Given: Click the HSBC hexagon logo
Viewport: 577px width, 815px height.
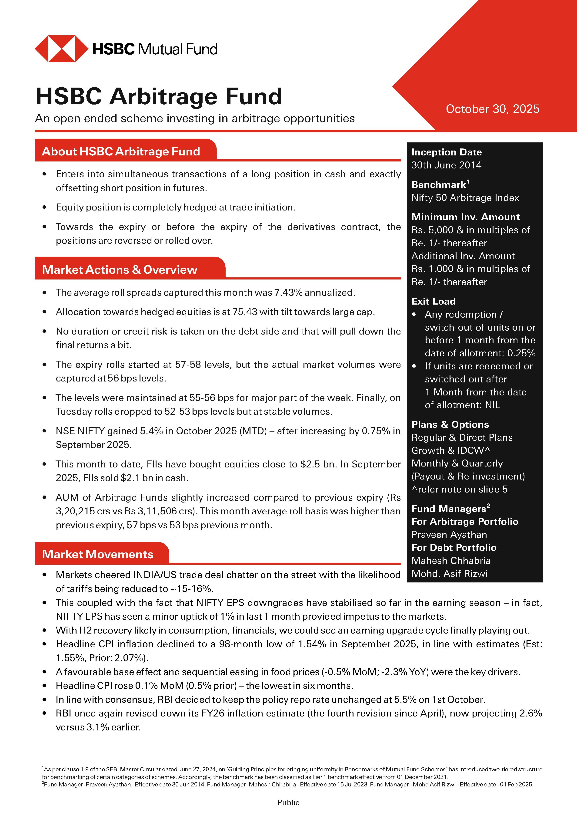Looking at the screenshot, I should click(61, 49).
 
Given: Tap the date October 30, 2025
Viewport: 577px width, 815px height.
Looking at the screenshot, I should click(492, 109).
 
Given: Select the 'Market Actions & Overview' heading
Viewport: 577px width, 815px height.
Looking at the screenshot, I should click(119, 269).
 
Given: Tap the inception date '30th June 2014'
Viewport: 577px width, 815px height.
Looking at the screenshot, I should click(446, 165).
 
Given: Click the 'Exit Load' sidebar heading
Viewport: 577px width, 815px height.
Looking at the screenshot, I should click(433, 301).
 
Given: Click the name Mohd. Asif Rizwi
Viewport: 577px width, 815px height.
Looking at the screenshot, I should click(450, 573).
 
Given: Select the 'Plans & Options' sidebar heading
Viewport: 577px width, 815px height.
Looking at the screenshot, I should click(450, 424).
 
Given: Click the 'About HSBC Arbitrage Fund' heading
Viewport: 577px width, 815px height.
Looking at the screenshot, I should click(121, 151).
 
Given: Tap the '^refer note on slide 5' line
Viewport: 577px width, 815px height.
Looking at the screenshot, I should click(459, 489).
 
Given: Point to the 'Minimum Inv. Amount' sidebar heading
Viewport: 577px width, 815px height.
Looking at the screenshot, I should click(465, 217).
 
